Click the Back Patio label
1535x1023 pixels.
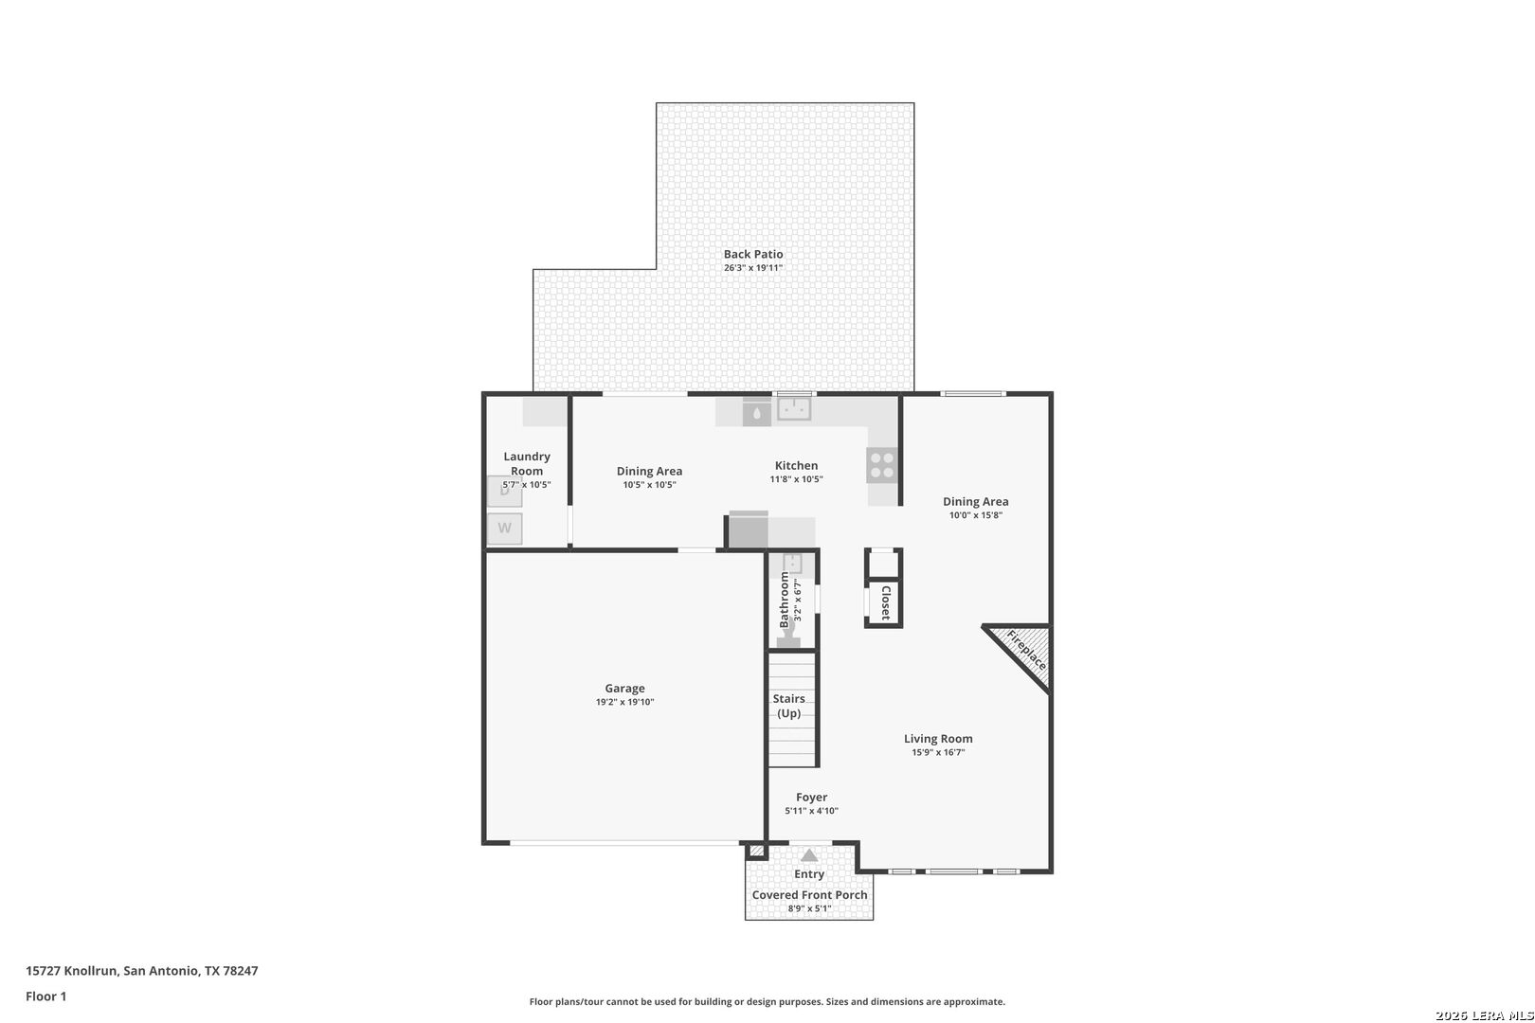coord(753,254)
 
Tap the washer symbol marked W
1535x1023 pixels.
coord(504,529)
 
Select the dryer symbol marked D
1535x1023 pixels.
coord(504,492)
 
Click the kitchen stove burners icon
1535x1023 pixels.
coord(882,465)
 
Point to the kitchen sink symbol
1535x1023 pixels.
coord(794,409)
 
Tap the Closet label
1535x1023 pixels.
coord(885,603)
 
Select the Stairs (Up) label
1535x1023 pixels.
coord(788,706)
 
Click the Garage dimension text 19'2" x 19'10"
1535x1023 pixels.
coord(625,702)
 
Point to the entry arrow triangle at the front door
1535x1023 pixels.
coord(809,855)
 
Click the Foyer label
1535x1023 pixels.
coord(811,797)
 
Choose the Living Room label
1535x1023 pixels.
coord(938,739)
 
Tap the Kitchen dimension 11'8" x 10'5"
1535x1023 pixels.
coord(796,479)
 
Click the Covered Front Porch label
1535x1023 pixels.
coord(809,895)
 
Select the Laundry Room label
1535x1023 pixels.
coord(527,463)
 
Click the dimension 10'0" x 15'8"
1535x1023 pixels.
coord(976,515)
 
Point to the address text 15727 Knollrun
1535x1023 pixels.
coord(72,971)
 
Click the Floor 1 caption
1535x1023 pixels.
coord(45,996)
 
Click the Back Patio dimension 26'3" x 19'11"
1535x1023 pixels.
coord(753,268)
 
